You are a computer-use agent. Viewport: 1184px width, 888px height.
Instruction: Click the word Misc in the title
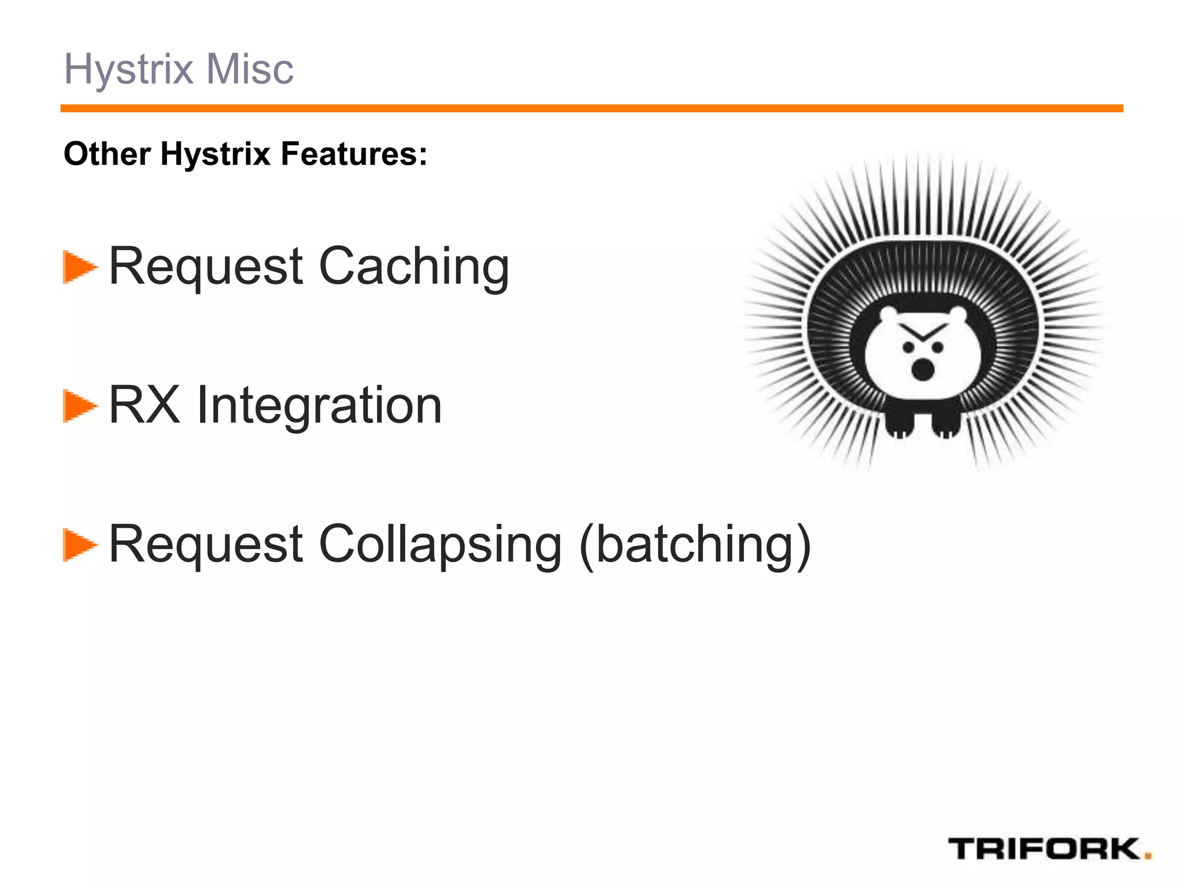click(x=250, y=69)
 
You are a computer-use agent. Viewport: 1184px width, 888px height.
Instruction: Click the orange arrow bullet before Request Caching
click(x=79, y=267)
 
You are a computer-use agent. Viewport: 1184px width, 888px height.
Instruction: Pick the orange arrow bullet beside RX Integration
click(x=79, y=406)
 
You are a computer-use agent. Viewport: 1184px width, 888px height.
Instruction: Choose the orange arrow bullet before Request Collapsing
click(x=79, y=545)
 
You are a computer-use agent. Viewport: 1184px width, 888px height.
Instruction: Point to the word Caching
click(x=414, y=267)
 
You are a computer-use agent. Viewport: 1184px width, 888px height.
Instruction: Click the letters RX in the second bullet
click(x=145, y=405)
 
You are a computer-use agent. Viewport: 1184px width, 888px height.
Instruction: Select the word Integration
click(x=319, y=406)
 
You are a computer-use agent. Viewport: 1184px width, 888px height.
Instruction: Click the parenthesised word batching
click(x=695, y=545)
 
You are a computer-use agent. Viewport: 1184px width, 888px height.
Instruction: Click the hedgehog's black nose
click(x=923, y=369)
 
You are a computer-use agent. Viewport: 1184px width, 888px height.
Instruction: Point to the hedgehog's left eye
click(x=909, y=347)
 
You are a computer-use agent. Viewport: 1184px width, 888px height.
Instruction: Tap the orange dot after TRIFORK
click(x=1148, y=856)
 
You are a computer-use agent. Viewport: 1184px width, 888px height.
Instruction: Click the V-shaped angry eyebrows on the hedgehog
click(x=923, y=332)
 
